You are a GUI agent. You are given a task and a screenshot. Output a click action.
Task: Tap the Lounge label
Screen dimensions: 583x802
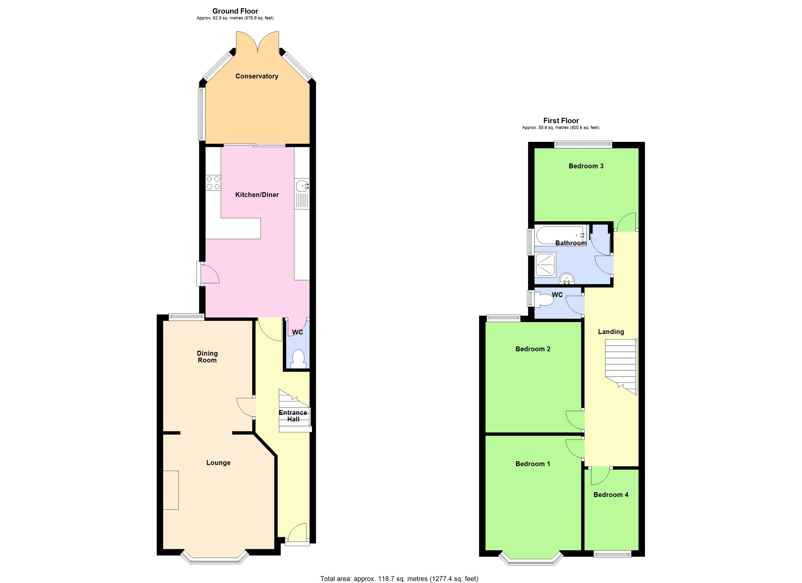click(218, 463)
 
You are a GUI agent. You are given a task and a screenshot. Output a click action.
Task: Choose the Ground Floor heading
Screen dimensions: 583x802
click(235, 11)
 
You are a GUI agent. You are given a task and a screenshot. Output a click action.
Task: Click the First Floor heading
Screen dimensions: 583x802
click(561, 120)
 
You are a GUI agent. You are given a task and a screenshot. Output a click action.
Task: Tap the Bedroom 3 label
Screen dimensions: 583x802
click(586, 166)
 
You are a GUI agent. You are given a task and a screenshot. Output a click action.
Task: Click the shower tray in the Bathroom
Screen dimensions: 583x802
click(545, 264)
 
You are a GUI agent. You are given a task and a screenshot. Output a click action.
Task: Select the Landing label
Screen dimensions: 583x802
click(611, 332)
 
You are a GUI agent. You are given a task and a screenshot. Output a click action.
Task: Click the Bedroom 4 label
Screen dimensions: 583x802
click(611, 495)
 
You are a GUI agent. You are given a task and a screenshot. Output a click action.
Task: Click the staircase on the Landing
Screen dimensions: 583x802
click(621, 366)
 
